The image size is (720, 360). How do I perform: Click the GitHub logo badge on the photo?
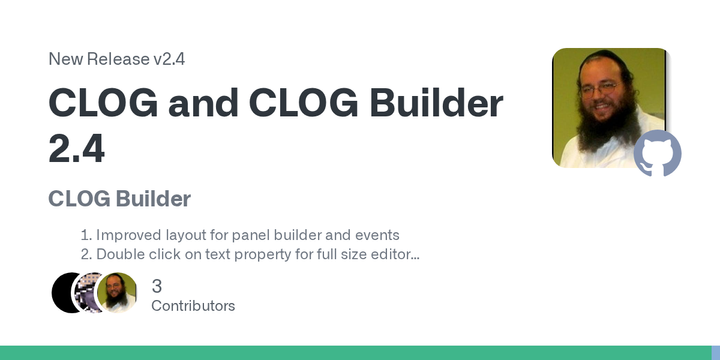(657, 153)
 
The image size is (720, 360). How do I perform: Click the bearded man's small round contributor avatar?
(117, 292)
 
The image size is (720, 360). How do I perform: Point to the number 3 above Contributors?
(157, 286)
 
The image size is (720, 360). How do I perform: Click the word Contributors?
(193, 306)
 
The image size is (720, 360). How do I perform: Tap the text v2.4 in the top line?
(169, 59)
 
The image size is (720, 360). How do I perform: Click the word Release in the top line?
(118, 59)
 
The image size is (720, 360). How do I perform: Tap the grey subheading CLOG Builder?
(119, 198)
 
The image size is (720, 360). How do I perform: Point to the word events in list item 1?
(375, 236)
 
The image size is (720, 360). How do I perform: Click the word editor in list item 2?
(391, 255)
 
